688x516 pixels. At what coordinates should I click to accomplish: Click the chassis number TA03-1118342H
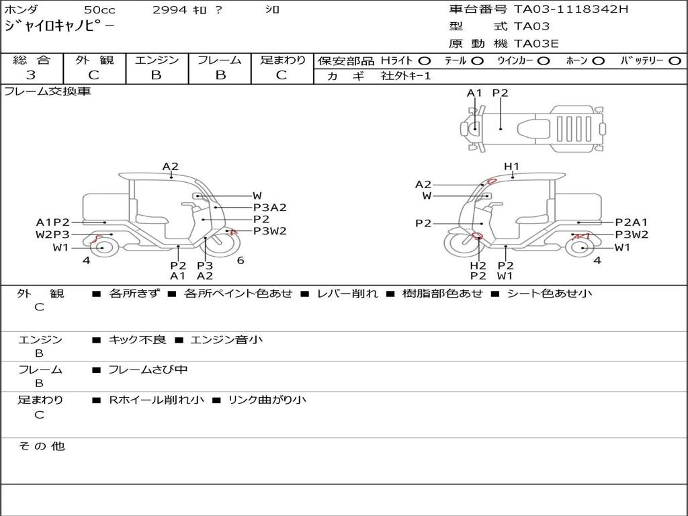click(x=571, y=9)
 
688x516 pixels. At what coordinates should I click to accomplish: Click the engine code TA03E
click(x=536, y=44)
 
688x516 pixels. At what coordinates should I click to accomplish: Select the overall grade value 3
click(x=31, y=75)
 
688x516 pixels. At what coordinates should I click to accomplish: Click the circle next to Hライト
click(x=425, y=61)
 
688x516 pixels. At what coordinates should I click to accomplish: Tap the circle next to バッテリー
click(x=675, y=61)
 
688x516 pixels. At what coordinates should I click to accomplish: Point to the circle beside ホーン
click(x=598, y=61)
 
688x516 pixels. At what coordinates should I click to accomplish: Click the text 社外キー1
click(x=406, y=76)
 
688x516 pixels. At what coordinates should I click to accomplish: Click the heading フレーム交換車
click(x=48, y=91)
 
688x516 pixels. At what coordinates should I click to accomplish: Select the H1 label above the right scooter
click(x=511, y=167)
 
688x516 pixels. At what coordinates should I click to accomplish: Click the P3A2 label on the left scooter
click(x=270, y=208)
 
